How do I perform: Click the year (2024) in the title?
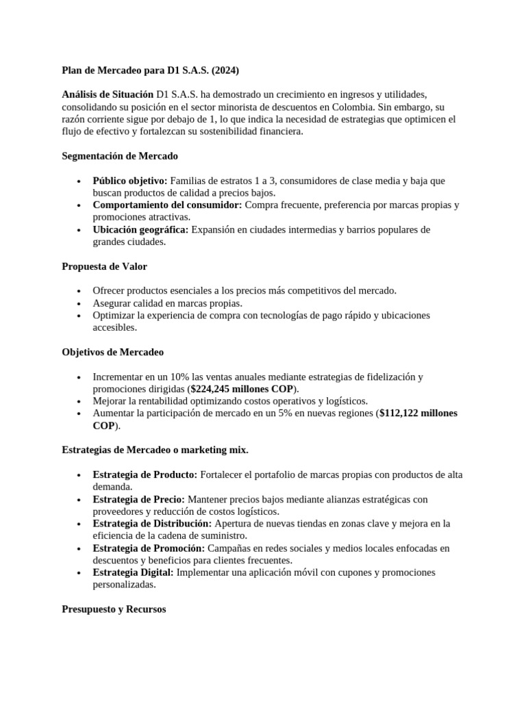[226, 70]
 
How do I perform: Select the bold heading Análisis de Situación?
[108, 94]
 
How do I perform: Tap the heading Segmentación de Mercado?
[120, 156]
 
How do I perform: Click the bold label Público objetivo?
[129, 181]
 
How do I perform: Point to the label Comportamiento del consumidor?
[167, 205]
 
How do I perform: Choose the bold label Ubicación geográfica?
[140, 229]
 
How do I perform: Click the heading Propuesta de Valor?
[104, 266]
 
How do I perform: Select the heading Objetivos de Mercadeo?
[112, 352]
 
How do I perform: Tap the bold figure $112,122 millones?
[410, 413]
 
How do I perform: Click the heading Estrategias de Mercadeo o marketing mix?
[155, 450]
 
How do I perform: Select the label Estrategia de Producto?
[145, 474]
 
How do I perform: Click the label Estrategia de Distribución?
[153, 524]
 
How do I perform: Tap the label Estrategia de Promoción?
[149, 548]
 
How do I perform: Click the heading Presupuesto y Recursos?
[114, 609]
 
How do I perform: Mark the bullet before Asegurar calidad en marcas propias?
[80, 303]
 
